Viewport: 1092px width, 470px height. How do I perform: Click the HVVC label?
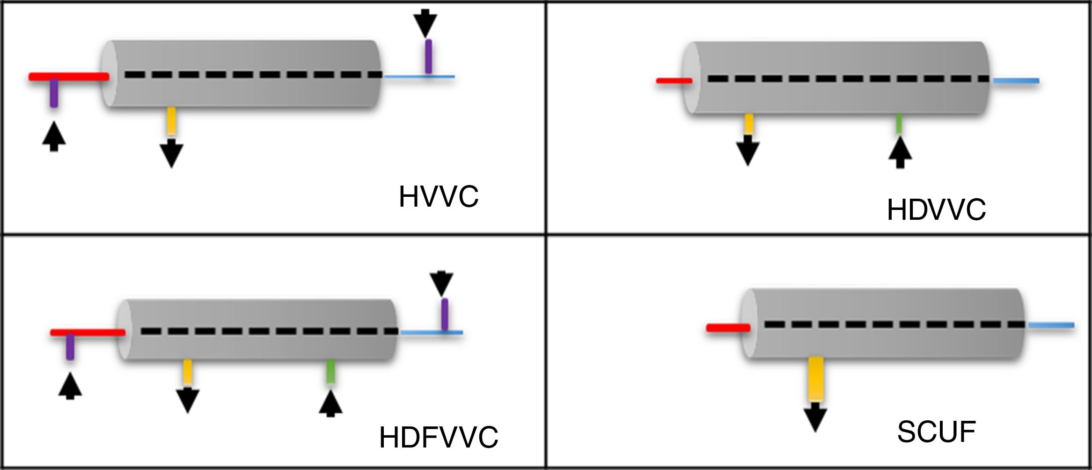439,197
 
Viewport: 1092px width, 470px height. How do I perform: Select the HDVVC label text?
936,210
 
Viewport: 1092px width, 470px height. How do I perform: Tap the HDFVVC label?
439,438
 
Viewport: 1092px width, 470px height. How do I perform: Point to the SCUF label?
936,432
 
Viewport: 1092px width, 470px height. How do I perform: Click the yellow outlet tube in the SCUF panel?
816,379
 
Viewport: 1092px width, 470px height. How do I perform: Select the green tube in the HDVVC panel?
899,124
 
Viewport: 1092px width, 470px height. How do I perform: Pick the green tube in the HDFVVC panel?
330,372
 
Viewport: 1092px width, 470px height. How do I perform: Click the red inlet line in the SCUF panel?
728,328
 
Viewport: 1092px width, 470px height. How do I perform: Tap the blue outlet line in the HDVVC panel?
1016,81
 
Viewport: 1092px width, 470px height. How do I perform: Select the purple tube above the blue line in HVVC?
428,56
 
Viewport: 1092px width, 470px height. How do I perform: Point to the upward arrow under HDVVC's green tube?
900,153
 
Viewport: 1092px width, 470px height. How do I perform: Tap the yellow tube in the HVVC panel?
172,121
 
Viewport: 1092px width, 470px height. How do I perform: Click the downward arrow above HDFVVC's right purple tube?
441,283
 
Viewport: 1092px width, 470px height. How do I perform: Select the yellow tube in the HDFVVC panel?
188,372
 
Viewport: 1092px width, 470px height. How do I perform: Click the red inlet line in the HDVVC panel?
674,81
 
